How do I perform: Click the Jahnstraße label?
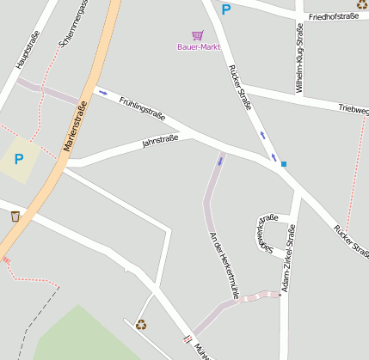[161, 141]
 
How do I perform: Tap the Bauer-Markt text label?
[199, 47]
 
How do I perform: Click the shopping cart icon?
[199, 35]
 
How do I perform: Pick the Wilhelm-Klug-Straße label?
[299, 58]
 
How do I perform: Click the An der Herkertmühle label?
[222, 265]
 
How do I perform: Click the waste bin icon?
[15, 216]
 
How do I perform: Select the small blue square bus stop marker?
[283, 163]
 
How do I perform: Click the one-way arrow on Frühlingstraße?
[103, 92]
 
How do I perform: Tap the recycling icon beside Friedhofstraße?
[362, 4]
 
